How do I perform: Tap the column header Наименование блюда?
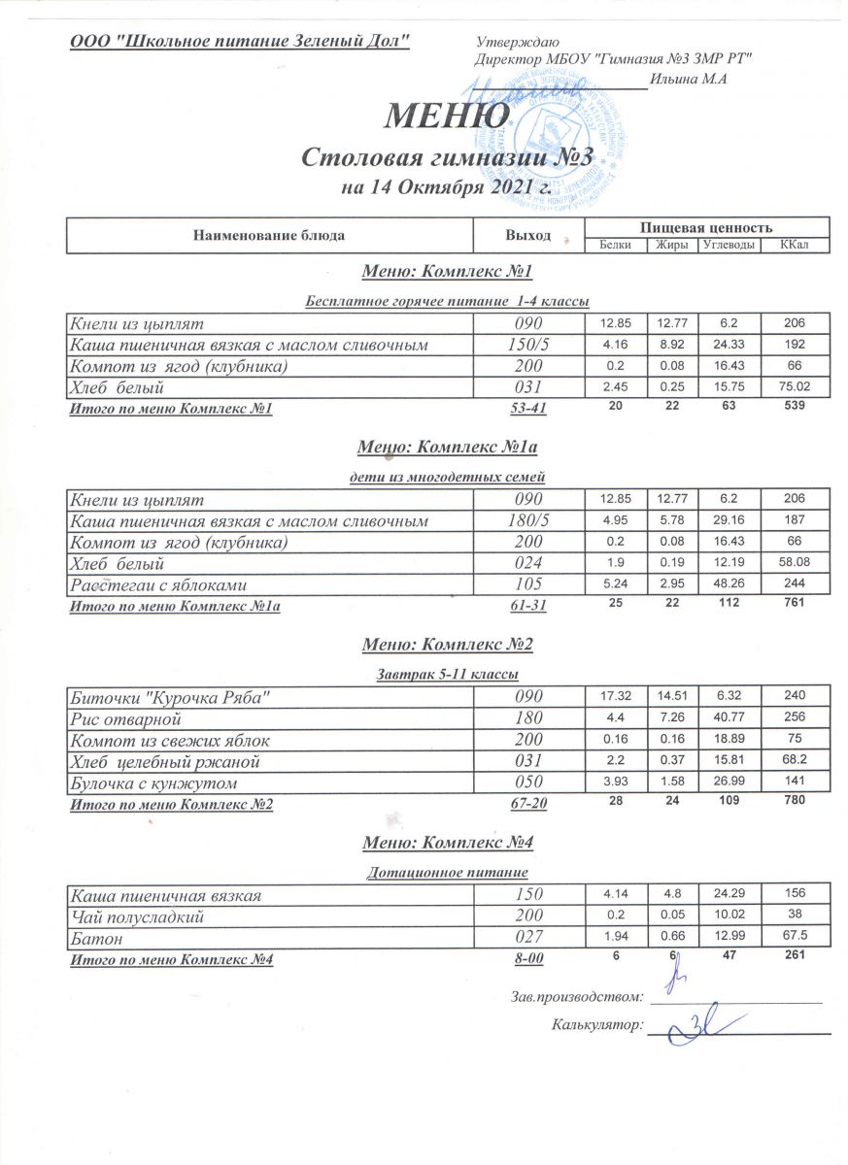point(269,235)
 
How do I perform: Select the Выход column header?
point(527,235)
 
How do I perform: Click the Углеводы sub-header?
point(729,244)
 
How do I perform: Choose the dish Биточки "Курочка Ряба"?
point(165,696)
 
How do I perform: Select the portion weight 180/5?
point(527,521)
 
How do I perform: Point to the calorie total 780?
point(795,802)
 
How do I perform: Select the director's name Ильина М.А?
point(690,80)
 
